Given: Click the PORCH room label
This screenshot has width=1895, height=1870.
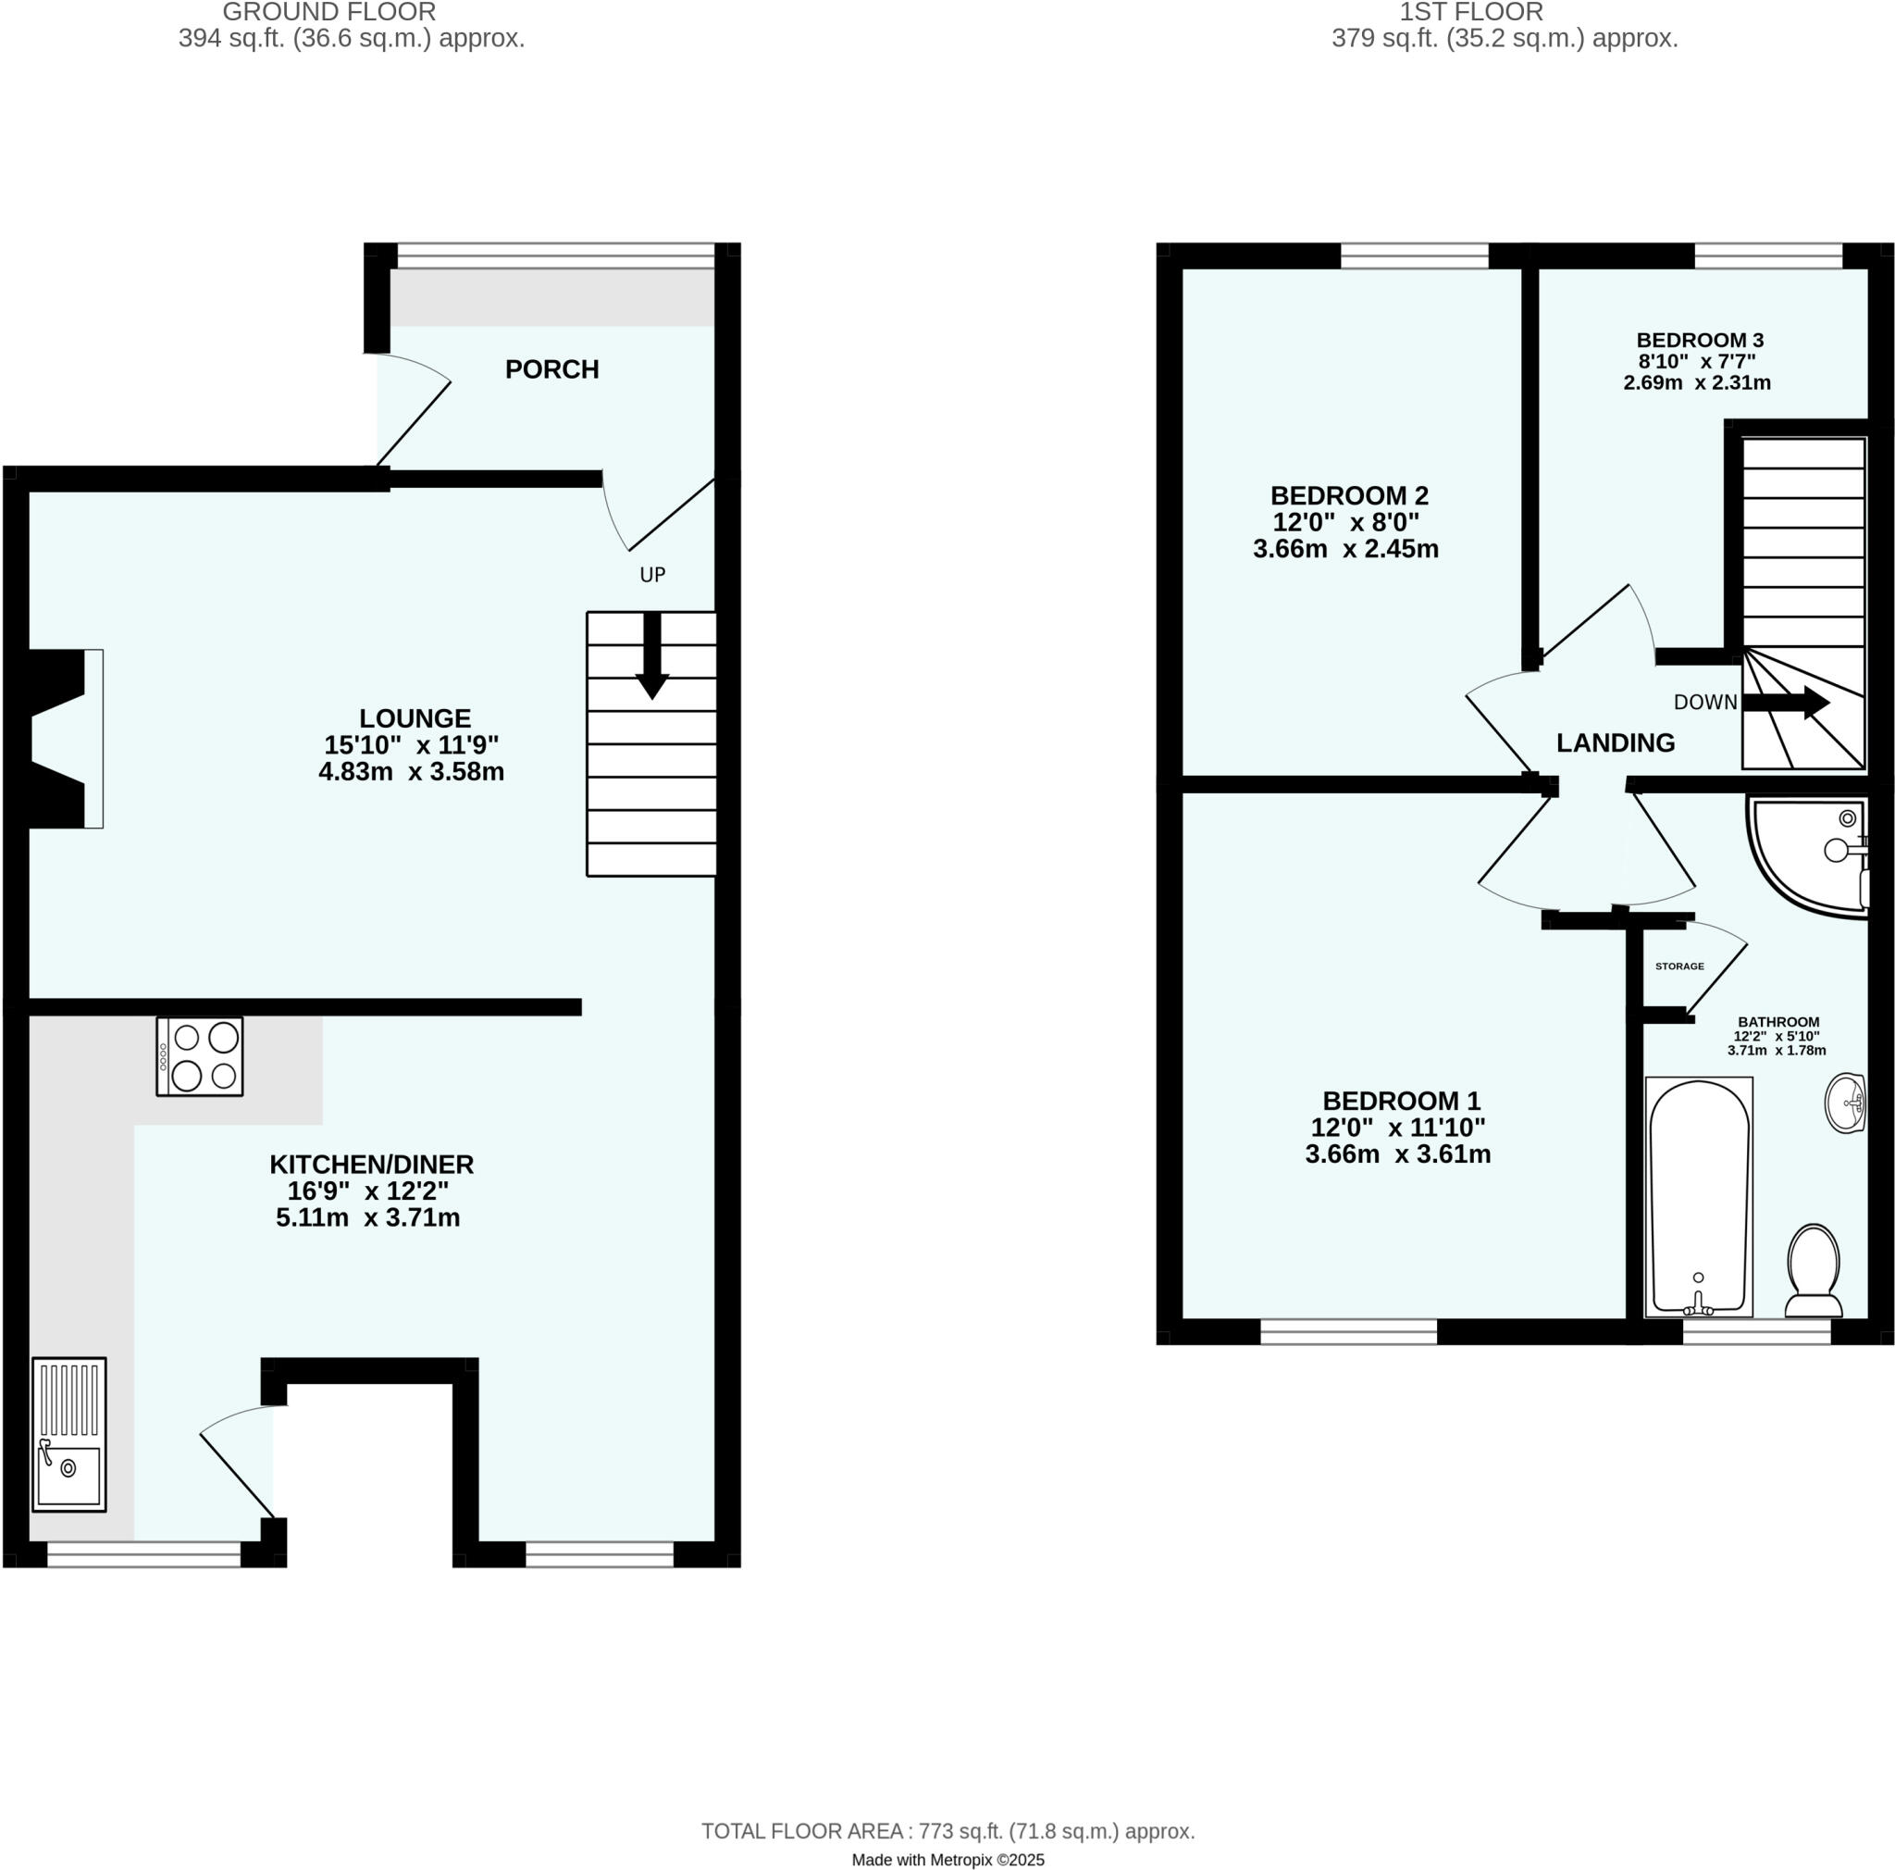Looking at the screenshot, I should pyautogui.click(x=551, y=370).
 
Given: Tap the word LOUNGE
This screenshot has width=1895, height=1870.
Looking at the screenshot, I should pyautogui.click(x=415, y=718).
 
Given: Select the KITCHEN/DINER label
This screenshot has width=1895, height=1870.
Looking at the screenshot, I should pyautogui.click(x=372, y=1165).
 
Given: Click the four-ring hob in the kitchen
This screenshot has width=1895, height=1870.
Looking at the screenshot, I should pyautogui.click(x=200, y=1056).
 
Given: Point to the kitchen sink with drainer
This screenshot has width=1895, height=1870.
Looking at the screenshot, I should pyautogui.click(x=68, y=1434).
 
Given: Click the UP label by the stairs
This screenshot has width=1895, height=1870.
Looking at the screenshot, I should pyautogui.click(x=652, y=575).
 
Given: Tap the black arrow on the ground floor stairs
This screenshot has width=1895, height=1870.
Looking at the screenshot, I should pyautogui.click(x=652, y=657).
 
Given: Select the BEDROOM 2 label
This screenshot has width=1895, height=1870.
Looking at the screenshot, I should pyautogui.click(x=1349, y=495).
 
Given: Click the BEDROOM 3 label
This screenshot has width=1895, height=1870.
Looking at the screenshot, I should pyautogui.click(x=1700, y=341).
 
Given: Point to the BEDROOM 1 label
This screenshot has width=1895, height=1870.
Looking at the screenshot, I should pyautogui.click(x=1401, y=1101).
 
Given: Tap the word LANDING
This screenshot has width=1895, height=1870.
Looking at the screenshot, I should pyautogui.click(x=1616, y=743).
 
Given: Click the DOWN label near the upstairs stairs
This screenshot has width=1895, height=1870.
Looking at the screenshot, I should pyautogui.click(x=1704, y=703).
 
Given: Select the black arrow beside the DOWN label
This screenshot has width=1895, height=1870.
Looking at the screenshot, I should pyautogui.click(x=1785, y=703).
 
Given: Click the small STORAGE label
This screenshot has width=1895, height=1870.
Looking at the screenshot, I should pyautogui.click(x=1679, y=966).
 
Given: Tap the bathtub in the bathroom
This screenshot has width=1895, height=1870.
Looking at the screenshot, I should pyautogui.click(x=1699, y=1197).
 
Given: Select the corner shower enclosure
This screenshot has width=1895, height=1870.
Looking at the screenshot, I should pyautogui.click(x=1810, y=855).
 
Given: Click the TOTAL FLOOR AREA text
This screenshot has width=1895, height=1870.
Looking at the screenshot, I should pyautogui.click(x=947, y=1831).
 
